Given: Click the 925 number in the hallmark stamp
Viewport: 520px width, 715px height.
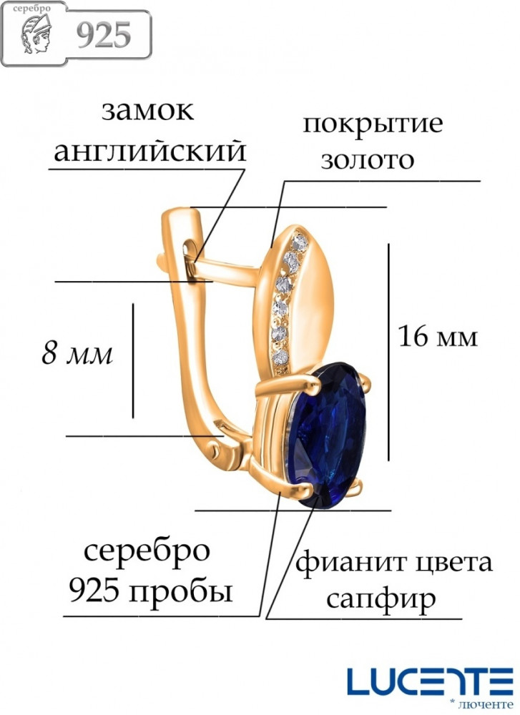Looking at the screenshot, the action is [104, 35].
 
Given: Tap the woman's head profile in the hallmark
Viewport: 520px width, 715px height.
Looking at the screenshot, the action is [37, 34].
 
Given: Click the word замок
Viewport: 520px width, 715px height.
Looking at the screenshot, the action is [147, 111].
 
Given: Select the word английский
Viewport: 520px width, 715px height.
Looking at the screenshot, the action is [150, 152].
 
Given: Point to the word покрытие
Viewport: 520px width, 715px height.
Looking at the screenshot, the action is [373, 124].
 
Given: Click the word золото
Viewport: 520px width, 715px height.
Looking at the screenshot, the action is [367, 160].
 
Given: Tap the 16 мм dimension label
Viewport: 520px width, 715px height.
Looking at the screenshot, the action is [438, 337].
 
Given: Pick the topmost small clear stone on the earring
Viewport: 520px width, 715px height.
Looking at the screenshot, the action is [300, 242].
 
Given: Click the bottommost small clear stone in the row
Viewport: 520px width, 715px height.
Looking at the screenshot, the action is [280, 357].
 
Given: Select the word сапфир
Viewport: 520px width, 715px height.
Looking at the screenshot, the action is [381, 599].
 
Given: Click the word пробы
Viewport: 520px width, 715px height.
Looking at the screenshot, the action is [182, 592].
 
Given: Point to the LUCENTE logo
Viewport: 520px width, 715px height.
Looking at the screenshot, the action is [430, 681].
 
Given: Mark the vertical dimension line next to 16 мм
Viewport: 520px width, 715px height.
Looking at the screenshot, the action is [388, 352].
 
